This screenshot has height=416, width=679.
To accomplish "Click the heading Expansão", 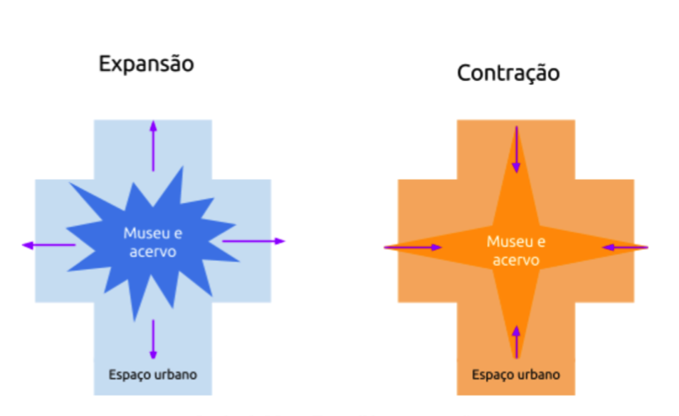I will tap(146, 64).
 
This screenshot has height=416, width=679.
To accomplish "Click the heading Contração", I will tap(508, 73).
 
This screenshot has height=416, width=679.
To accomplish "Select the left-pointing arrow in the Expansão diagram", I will tap(49, 245).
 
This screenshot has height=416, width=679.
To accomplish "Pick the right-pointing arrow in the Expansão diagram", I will tap(253, 241).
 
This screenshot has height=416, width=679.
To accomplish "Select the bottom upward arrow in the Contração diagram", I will tap(516, 341).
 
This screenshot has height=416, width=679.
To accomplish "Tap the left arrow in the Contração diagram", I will tap(413, 247).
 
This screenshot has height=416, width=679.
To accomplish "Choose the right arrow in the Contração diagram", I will tap(625, 247).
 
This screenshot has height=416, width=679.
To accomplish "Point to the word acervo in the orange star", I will tap(516, 260).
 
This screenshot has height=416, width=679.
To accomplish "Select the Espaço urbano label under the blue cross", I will tap(153, 375).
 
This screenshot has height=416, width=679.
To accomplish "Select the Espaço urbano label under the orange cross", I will tap(516, 375).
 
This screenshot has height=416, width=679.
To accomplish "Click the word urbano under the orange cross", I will tap(538, 375).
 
